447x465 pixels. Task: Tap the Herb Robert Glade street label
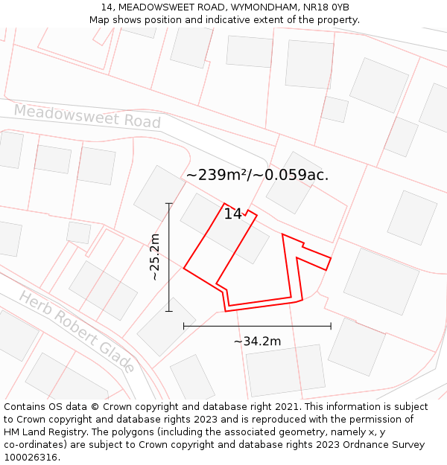pyautogui.click(x=77, y=331)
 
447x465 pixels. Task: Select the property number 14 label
pyautogui.click(x=232, y=214)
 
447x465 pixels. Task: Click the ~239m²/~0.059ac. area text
pyautogui.click(x=257, y=175)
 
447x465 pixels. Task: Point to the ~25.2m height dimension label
pyautogui.click(x=155, y=257)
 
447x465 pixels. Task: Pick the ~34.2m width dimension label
pyautogui.click(x=257, y=341)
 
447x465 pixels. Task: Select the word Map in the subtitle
pyautogui.click(x=100, y=20)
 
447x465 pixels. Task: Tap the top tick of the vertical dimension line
pyautogui.click(x=169, y=203)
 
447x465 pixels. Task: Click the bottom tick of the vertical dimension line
pyautogui.click(x=169, y=311)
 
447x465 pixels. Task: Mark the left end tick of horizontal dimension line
pyautogui.click(x=184, y=326)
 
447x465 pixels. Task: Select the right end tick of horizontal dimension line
pyautogui.click(x=331, y=326)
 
